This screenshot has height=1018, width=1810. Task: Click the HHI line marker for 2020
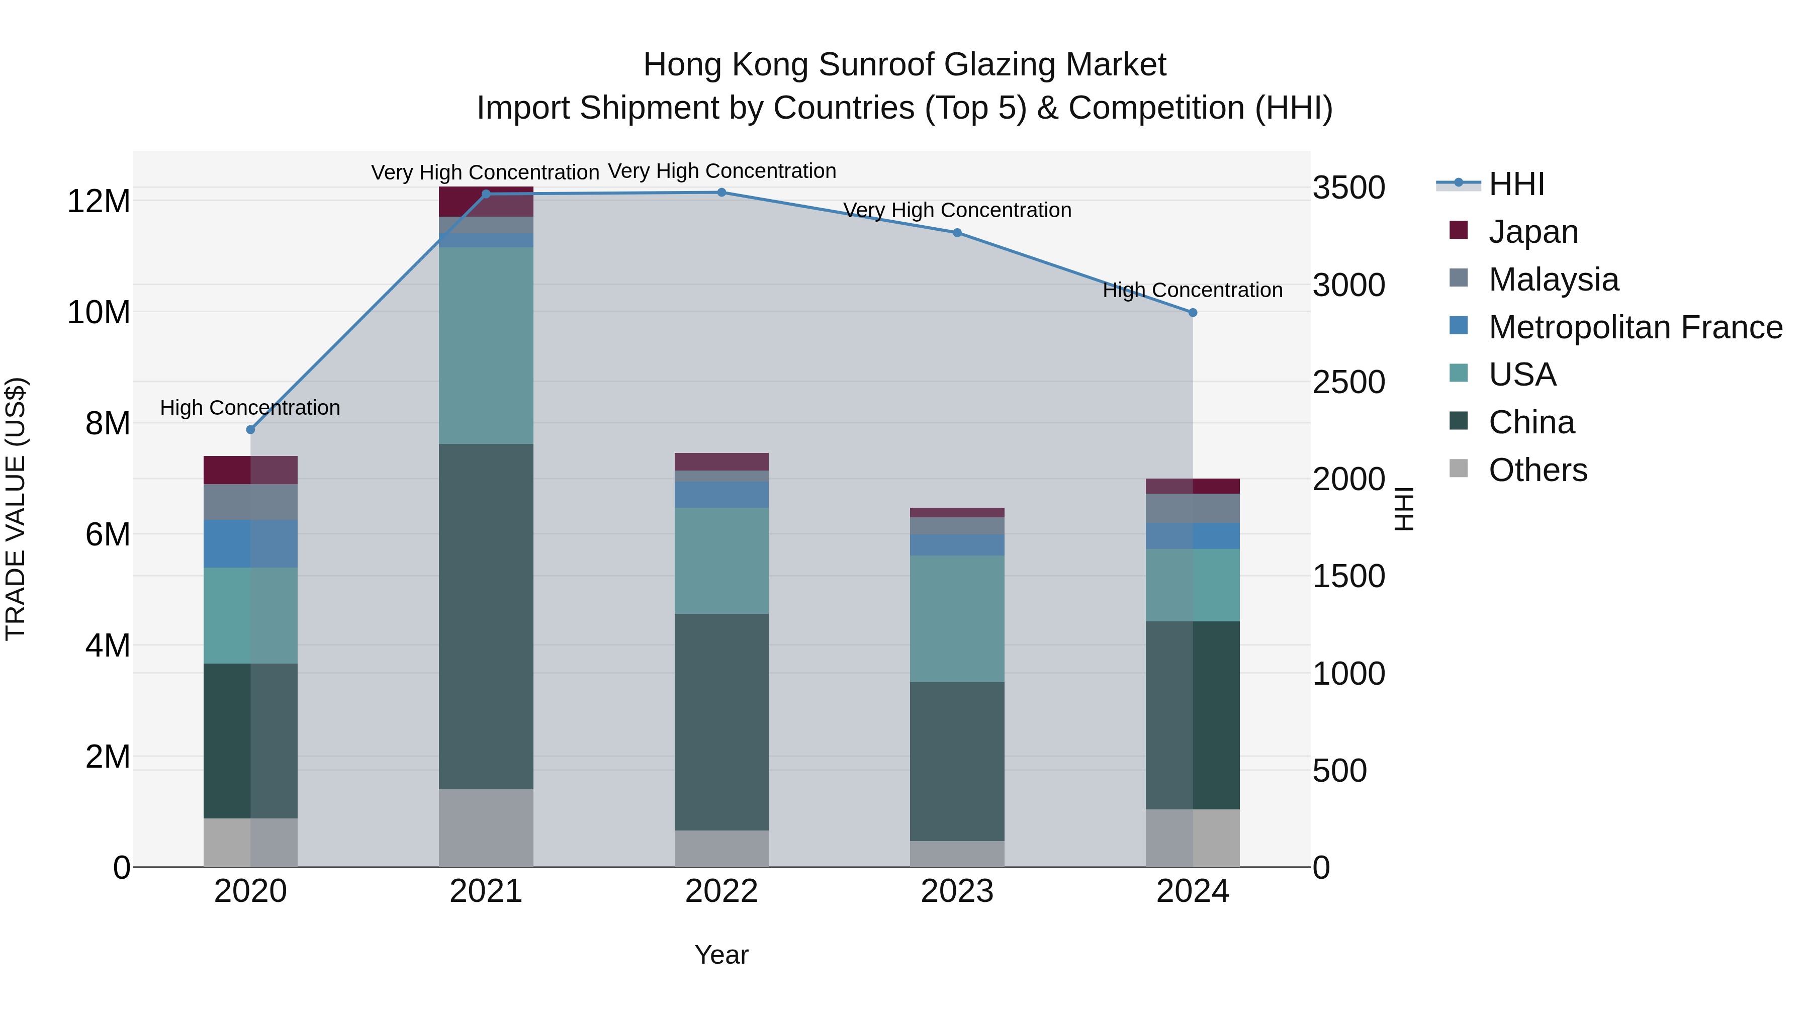coord(250,429)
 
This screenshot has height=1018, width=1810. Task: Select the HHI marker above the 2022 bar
coord(721,193)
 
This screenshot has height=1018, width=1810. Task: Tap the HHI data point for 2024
coord(1193,313)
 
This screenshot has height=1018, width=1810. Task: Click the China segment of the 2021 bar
coord(486,616)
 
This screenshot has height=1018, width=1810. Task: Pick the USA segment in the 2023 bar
coord(957,618)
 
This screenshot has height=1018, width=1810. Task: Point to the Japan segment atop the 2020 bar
coord(250,470)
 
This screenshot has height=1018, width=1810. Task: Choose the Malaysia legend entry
coord(1553,280)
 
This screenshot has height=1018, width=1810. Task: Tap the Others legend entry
coord(1537,470)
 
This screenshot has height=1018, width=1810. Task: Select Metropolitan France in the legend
coord(1635,327)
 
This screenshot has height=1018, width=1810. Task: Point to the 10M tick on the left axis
coord(99,312)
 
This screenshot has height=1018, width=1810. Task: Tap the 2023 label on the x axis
coord(957,891)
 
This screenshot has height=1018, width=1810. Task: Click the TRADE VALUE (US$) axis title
coord(16,509)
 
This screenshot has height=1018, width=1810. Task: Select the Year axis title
coord(721,955)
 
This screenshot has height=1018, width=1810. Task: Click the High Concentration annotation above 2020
coord(250,408)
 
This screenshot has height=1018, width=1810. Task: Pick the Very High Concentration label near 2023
coord(957,210)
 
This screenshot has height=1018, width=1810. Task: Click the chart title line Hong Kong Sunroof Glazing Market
coord(904,65)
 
